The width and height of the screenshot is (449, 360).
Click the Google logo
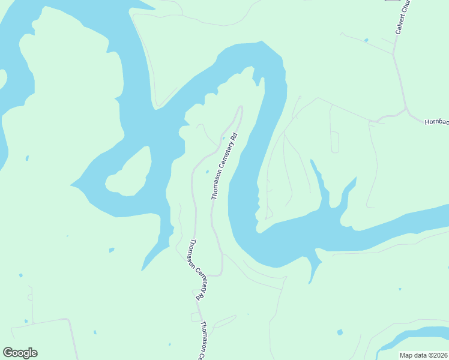[20, 353]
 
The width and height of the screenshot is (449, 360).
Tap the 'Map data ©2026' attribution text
[424, 355]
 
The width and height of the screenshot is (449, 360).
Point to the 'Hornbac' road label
[436, 122]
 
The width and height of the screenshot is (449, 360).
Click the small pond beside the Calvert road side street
[366, 41]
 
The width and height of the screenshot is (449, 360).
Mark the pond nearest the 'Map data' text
[340, 332]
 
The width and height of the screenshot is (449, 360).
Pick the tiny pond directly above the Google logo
[21, 275]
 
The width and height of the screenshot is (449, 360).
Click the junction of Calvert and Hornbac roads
[406, 109]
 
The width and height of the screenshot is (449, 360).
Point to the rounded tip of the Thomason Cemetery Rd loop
[241, 107]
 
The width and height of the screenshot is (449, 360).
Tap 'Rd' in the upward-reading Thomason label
[236, 137]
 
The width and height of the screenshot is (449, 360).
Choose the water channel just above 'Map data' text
[414, 336]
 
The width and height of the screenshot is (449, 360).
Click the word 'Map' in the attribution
[406, 355]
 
